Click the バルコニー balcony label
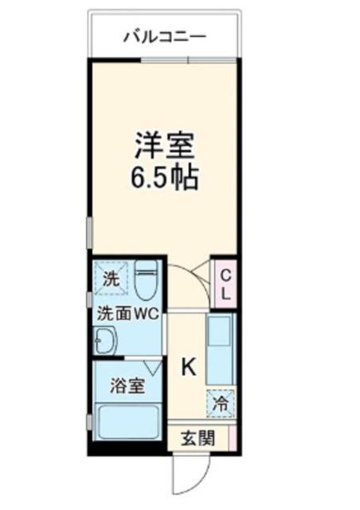[x=165, y=36]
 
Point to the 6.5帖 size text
[x=165, y=177]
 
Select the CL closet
[x=225, y=284]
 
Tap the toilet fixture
[x=146, y=280]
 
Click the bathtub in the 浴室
[x=127, y=422]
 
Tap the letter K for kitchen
[x=188, y=367]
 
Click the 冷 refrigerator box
[x=221, y=402]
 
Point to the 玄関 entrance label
[x=196, y=437]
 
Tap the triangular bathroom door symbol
[x=152, y=367]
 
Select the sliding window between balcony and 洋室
[x=189, y=60]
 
